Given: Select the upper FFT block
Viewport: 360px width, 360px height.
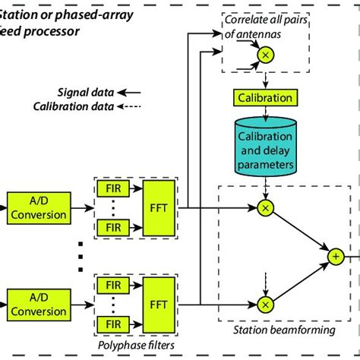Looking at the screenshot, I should pos(163,206).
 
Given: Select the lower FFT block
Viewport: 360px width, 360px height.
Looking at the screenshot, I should pos(163,303).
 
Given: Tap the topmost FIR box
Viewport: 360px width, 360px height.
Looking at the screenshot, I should pos(112,188).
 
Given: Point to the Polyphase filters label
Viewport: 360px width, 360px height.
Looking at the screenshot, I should pos(137,346).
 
